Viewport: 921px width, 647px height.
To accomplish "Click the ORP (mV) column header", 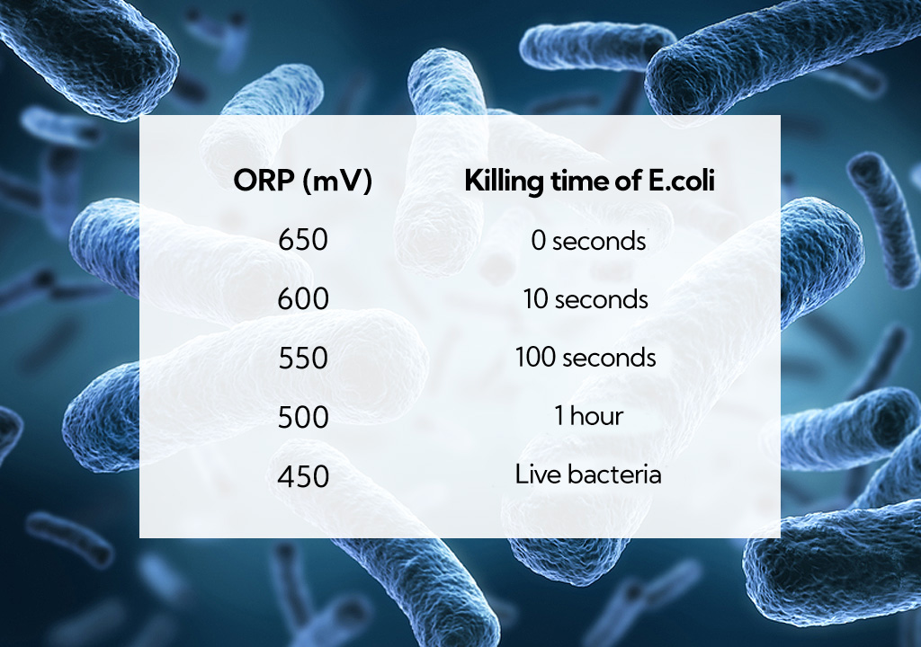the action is coord(302,181).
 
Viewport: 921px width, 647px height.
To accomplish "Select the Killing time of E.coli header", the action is coord(589,181).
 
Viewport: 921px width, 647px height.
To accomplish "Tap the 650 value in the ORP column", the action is coord(302,240).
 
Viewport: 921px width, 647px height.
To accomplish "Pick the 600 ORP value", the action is coord(302,299).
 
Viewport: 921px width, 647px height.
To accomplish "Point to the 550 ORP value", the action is coord(302,358).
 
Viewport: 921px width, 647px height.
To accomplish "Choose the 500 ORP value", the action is coord(302,417).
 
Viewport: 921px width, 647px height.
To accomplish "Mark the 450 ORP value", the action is coord(302,476).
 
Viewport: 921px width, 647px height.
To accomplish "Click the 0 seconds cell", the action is coord(588,241).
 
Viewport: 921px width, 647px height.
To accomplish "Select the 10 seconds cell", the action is coord(586,299).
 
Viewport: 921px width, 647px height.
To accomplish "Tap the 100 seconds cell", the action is coord(585,358).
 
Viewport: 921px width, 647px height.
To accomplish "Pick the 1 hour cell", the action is coord(588,416).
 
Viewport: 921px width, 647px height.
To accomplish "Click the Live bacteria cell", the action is coord(588,474).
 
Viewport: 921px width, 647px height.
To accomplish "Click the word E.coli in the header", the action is coord(682,181).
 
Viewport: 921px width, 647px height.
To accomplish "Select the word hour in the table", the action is coord(596,416).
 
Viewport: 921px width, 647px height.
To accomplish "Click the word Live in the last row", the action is coord(538,474).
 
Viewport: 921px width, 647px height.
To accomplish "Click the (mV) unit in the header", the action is coord(337,182).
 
